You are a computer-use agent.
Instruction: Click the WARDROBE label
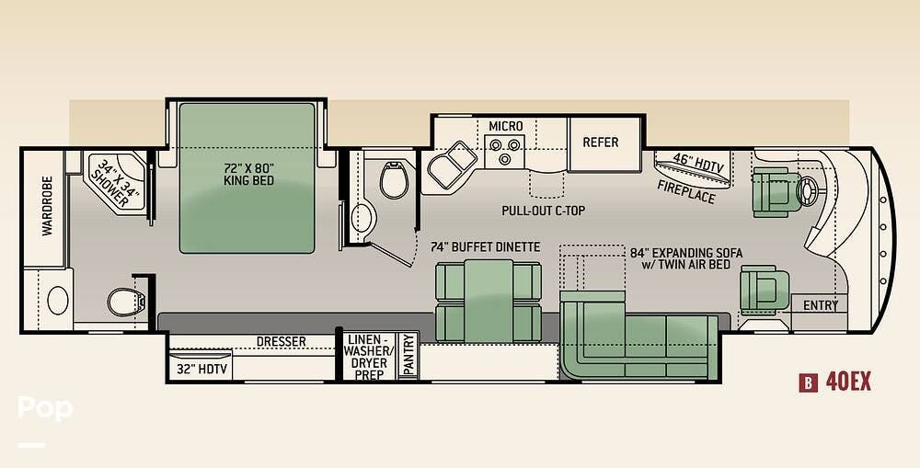click(x=47, y=206)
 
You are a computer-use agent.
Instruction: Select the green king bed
click(x=247, y=178)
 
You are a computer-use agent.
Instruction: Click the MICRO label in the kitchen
click(x=506, y=126)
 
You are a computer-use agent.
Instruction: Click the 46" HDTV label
click(x=697, y=163)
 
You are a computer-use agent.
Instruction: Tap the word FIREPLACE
click(x=686, y=191)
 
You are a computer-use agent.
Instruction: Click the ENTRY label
click(x=821, y=305)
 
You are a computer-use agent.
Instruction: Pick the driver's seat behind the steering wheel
click(x=776, y=192)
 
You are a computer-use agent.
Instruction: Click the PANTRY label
click(x=409, y=354)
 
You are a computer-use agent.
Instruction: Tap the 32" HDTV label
click(x=201, y=370)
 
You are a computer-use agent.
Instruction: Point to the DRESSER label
click(x=281, y=341)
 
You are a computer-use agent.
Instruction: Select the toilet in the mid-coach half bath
click(x=394, y=180)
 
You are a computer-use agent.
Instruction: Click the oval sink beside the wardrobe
click(x=57, y=301)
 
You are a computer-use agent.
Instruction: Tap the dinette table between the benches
click(x=489, y=301)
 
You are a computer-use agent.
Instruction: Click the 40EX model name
click(x=848, y=382)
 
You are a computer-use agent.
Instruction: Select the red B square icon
click(x=808, y=383)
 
